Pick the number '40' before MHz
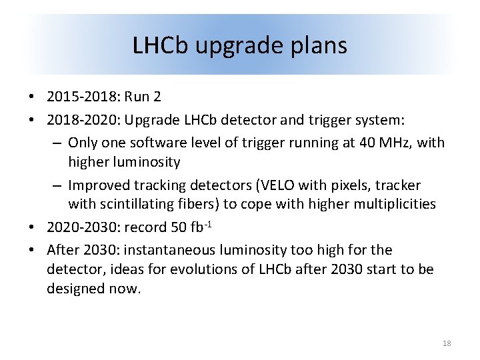365,142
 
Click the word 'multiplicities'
393,205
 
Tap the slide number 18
446,343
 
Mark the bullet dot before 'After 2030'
32,251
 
